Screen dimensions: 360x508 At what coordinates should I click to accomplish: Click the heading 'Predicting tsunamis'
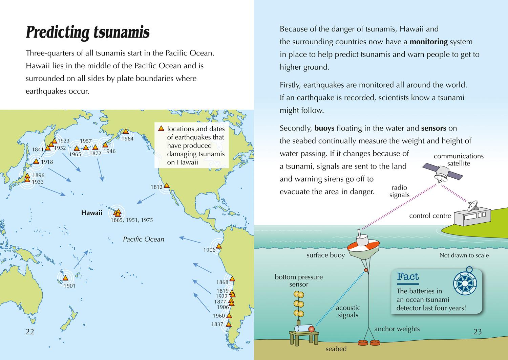(x=87, y=33)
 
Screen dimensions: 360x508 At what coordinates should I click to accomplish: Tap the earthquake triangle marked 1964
(x=126, y=131)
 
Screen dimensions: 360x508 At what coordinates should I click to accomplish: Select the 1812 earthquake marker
(x=166, y=185)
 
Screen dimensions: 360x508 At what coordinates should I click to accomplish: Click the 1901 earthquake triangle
(x=65, y=278)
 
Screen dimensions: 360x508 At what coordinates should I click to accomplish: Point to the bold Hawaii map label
(x=91, y=213)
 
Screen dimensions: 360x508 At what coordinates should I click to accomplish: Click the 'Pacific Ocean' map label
(x=143, y=240)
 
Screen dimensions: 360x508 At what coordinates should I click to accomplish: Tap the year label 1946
(x=109, y=151)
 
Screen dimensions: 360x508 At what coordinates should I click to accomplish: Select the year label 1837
(x=217, y=324)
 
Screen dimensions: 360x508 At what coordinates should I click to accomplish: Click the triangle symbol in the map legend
(x=161, y=129)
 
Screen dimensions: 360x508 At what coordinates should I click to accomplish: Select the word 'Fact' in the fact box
(x=408, y=277)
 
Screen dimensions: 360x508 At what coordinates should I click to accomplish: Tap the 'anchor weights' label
(x=397, y=329)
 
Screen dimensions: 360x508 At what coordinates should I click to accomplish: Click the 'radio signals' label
(x=399, y=191)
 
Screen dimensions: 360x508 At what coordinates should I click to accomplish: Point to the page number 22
(x=30, y=332)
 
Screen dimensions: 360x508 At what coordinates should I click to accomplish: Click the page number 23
(x=477, y=332)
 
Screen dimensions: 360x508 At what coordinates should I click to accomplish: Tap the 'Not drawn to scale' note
(x=464, y=255)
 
